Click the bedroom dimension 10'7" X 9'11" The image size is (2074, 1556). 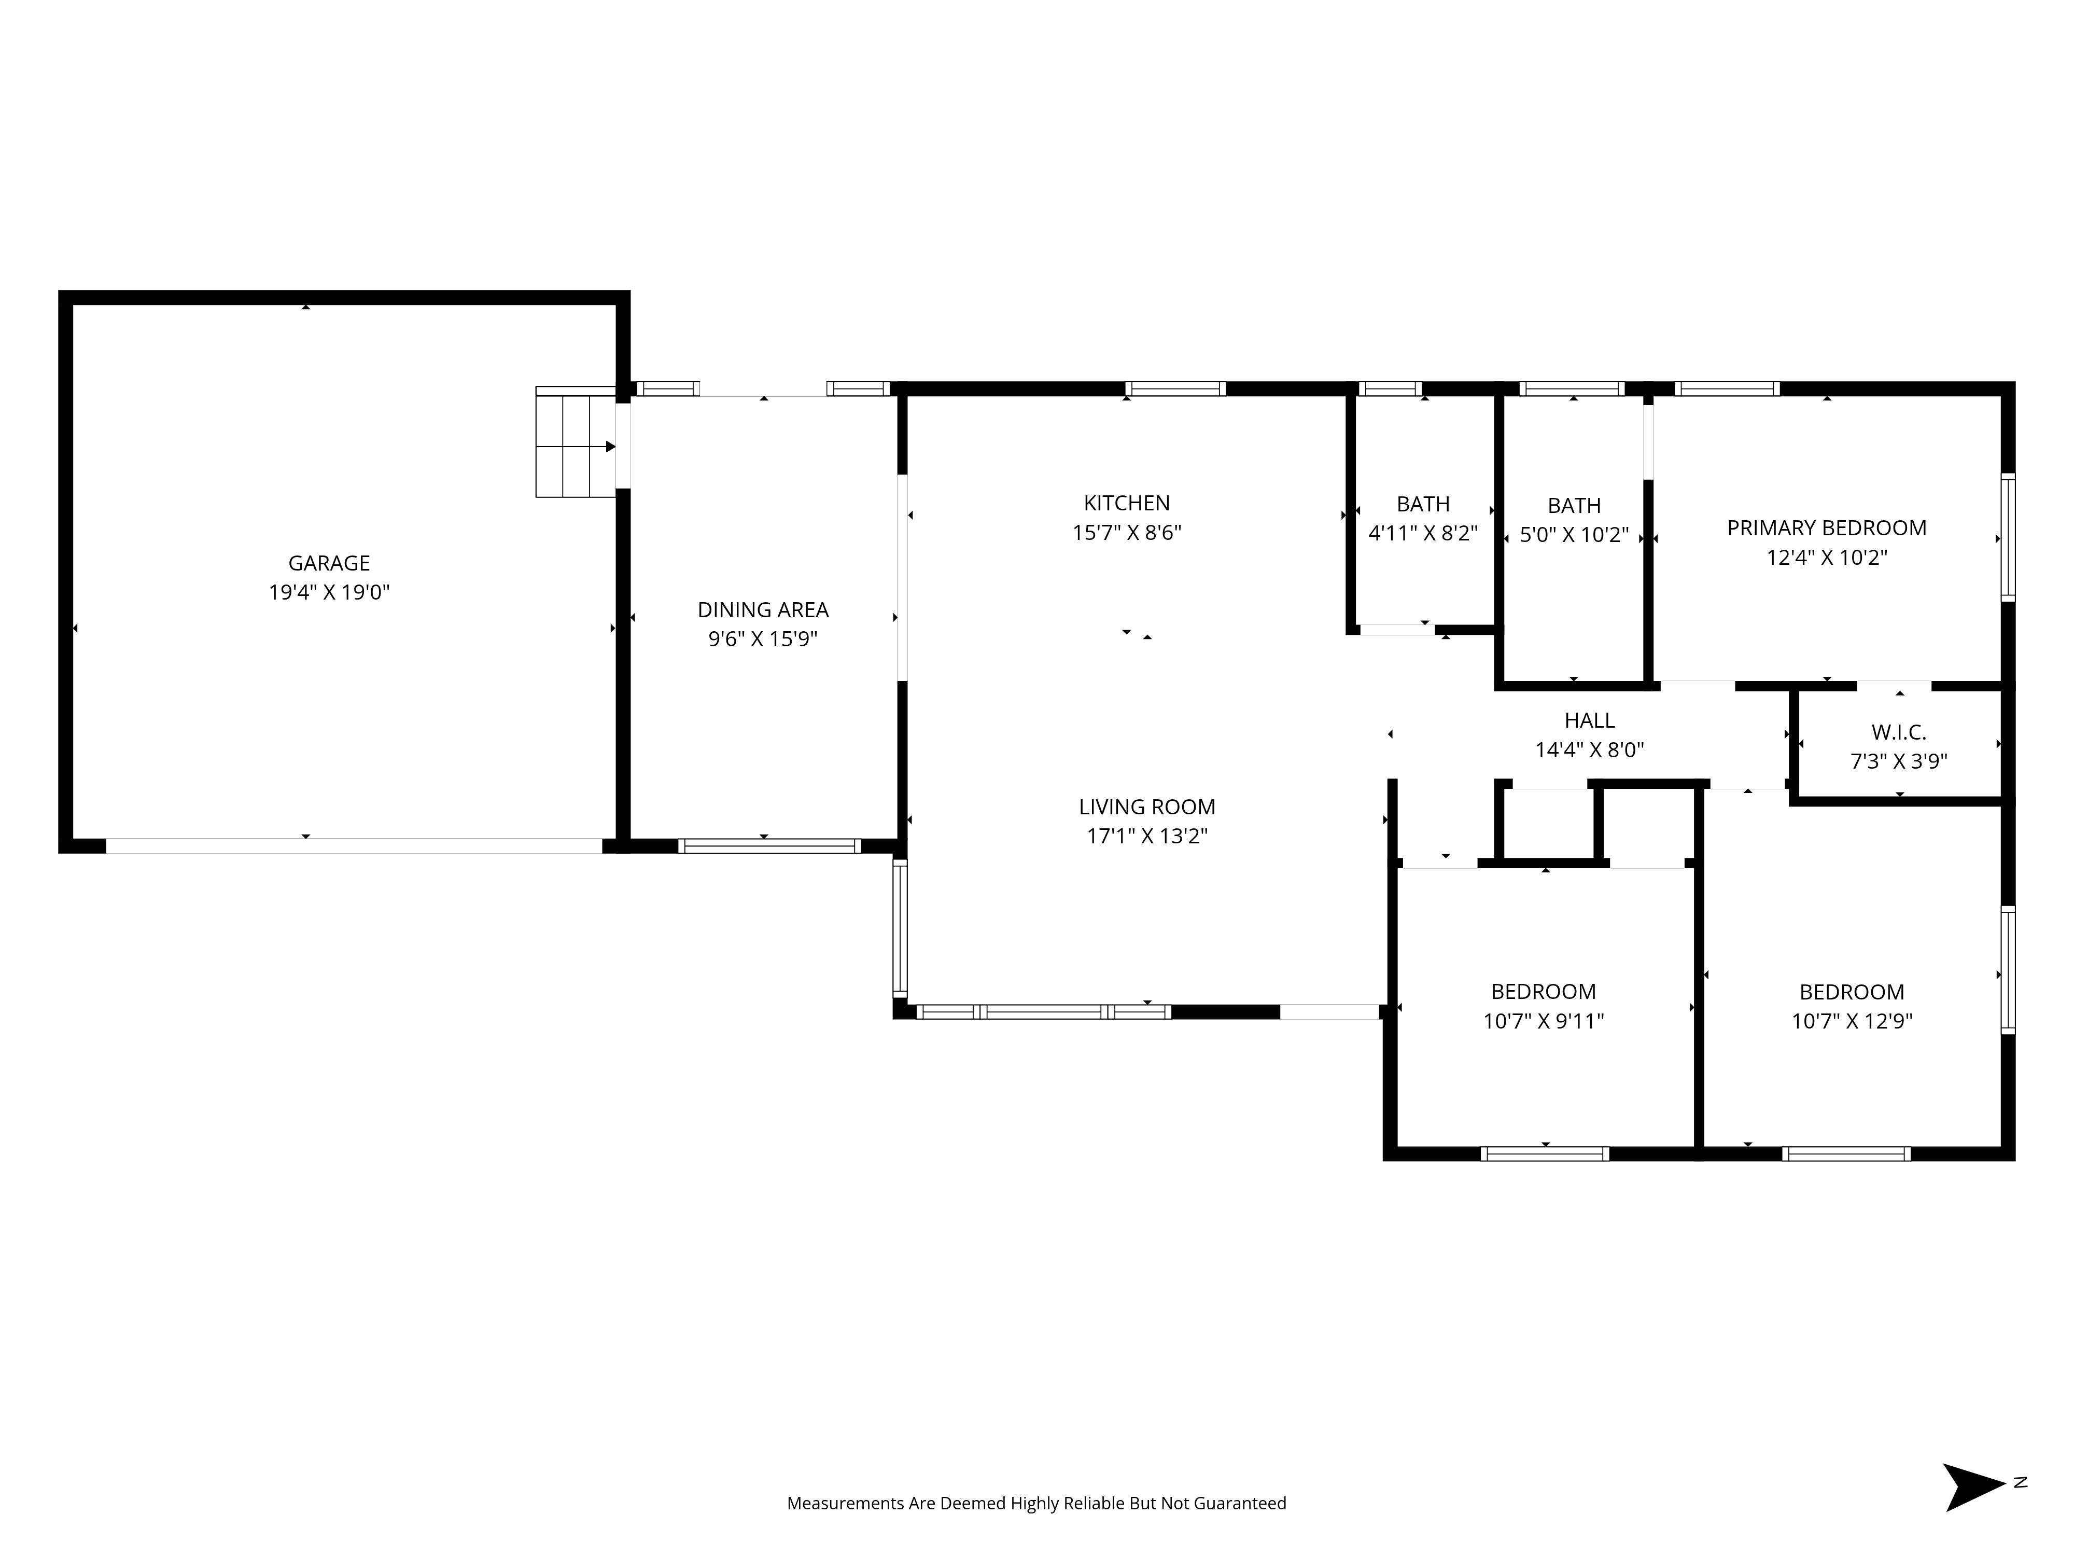1543,1021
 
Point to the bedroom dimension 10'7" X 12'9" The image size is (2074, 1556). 1851,1021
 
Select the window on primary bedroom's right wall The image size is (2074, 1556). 2008,537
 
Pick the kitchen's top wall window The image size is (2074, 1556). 1175,388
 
